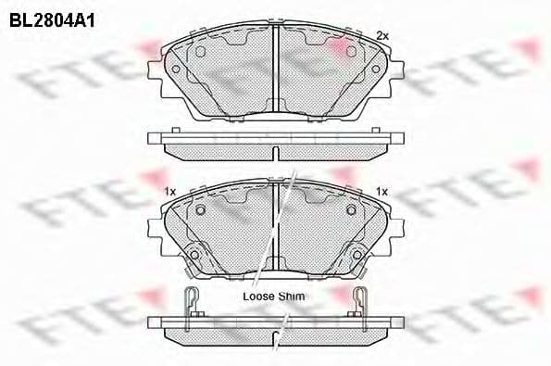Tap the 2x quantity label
pos(382,35)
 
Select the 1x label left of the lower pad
pos(169,190)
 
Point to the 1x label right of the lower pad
pos(382,190)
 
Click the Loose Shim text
pos(273,296)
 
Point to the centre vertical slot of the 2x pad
pos(276,69)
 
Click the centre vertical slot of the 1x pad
pos(276,227)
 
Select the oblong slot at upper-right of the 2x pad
pos(351,52)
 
